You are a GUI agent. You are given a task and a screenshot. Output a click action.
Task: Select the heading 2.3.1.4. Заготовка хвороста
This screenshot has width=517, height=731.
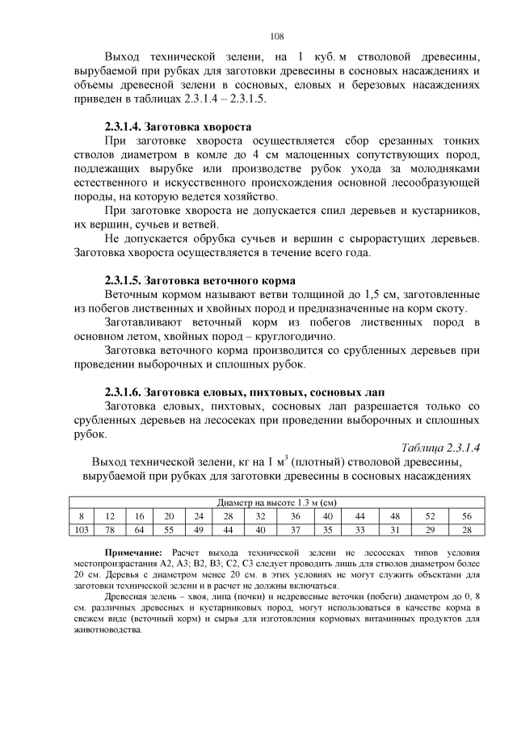[179, 127]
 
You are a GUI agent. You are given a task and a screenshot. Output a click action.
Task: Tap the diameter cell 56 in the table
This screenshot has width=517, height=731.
[466, 515]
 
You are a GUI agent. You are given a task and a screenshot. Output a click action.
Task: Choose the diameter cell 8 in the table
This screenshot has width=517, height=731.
[81, 515]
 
